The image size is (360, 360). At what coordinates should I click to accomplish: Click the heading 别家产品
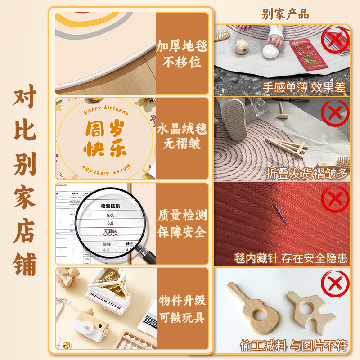point(285,14)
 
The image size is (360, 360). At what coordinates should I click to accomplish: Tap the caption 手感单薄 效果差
point(304,87)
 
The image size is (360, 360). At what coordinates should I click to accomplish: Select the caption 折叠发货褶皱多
point(307,173)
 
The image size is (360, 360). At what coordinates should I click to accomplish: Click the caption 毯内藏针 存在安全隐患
point(291,258)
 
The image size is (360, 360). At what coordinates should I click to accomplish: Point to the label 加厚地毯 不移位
point(182,54)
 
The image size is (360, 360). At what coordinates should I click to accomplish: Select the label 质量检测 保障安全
point(182,223)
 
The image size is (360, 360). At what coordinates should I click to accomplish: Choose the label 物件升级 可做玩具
point(182,309)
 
